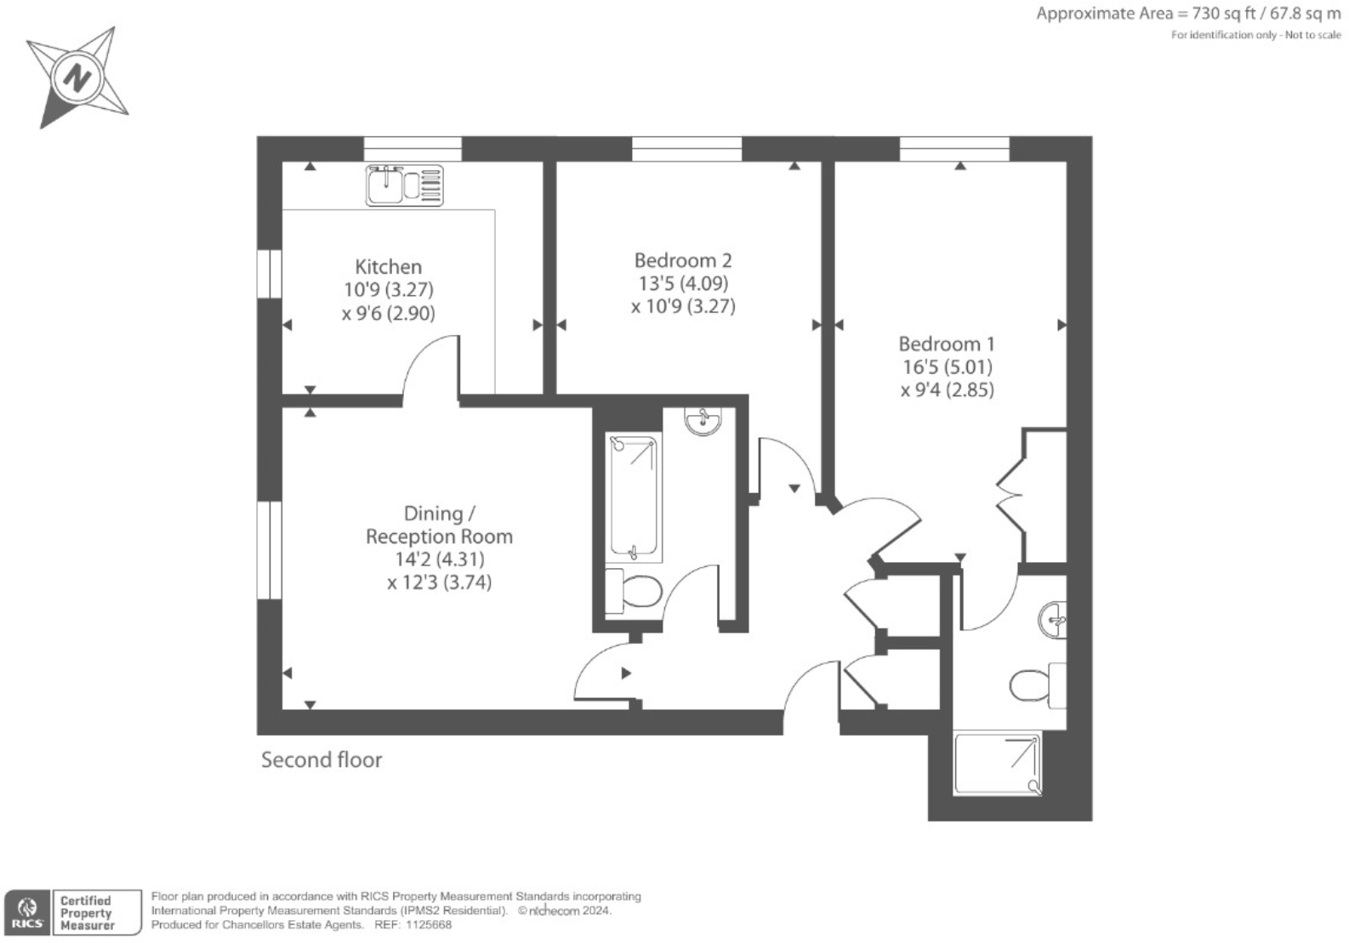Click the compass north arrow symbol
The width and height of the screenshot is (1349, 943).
(77, 78)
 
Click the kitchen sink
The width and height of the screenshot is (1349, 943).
(404, 185)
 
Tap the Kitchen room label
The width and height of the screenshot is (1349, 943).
(388, 266)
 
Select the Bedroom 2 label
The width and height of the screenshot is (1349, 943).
(682, 260)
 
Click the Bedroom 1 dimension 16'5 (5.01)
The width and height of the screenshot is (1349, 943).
(947, 367)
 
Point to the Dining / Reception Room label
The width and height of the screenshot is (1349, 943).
(439, 525)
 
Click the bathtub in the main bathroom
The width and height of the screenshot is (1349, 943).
(634, 498)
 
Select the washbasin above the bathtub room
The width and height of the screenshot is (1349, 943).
(703, 421)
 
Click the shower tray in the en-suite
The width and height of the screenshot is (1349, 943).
(997, 764)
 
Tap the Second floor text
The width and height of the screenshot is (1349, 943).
(322, 759)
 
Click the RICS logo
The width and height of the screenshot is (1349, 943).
(26, 912)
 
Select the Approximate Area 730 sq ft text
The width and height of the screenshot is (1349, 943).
(1187, 14)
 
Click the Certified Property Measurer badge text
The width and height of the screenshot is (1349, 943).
(86, 912)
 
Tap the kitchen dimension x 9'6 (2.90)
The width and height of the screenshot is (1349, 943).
(388, 313)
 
